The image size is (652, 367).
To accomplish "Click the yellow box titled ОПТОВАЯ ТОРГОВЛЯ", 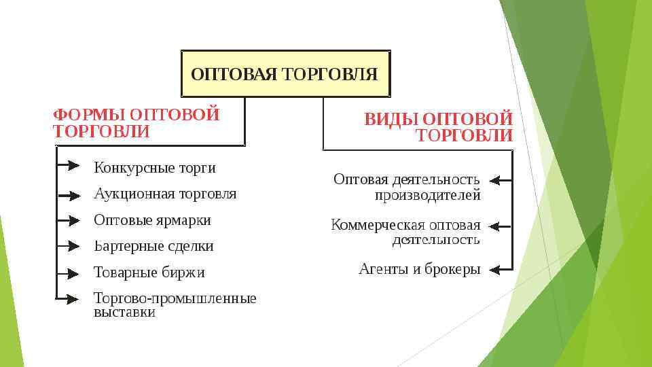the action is click(285, 73).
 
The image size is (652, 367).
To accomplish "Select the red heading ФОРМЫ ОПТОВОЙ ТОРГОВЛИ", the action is click(136, 122).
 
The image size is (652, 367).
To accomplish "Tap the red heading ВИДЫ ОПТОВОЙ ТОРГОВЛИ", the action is click(439, 127).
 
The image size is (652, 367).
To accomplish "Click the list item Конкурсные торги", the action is click(154, 167).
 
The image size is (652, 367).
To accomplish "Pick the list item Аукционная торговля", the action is click(165, 194).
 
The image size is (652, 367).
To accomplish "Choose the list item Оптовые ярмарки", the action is click(152, 220).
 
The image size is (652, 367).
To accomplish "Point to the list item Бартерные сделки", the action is click(153, 246).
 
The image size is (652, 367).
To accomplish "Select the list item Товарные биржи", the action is click(149, 273).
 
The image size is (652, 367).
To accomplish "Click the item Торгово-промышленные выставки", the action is click(175, 305).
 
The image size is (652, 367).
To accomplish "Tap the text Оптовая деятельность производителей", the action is click(407, 187).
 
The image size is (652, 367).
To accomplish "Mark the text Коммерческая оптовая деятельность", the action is click(405, 232).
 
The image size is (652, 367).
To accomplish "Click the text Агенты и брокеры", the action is click(419, 269).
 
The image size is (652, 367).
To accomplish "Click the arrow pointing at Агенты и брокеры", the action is click(501, 269).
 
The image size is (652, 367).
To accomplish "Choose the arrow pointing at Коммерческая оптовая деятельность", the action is click(501, 226).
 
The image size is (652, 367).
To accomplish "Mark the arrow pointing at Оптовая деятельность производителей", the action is click(501, 181).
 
